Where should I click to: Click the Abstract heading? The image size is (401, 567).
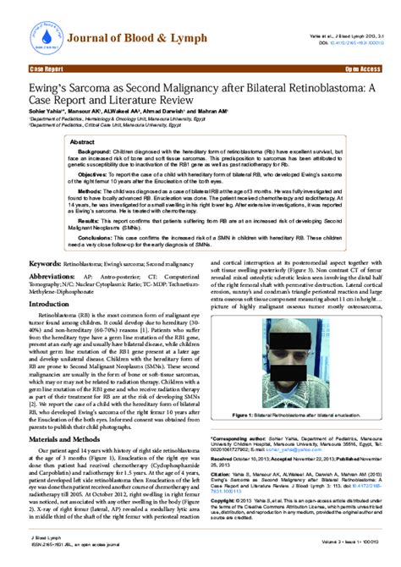83,141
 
